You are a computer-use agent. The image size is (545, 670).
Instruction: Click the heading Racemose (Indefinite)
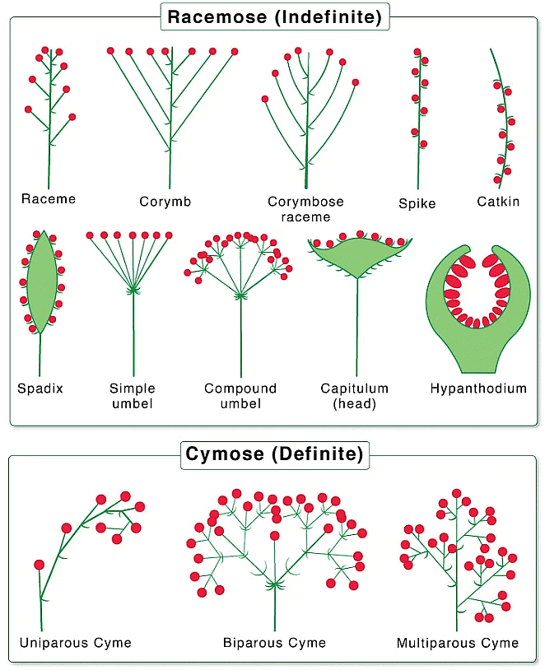pyautogui.click(x=274, y=17)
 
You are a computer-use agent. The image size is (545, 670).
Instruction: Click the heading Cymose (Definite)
pyautogui.click(x=274, y=454)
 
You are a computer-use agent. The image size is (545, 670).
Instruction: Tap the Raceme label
pyautogui.click(x=49, y=198)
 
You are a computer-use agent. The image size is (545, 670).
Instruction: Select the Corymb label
pyautogui.click(x=165, y=202)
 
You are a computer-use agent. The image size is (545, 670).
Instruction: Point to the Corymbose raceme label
pyautogui.click(x=305, y=209)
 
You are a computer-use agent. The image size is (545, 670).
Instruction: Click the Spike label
pyautogui.click(x=417, y=203)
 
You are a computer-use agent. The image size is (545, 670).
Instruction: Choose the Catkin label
pyautogui.click(x=498, y=202)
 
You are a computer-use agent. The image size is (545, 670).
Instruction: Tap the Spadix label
pyautogui.click(x=40, y=389)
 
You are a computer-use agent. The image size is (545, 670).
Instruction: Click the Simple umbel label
pyautogui.click(x=133, y=396)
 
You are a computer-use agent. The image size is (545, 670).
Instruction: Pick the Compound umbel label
pyautogui.click(x=240, y=396)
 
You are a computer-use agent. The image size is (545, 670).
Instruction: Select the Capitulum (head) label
pyautogui.click(x=355, y=396)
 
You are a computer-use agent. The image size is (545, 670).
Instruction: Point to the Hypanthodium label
pyautogui.click(x=478, y=389)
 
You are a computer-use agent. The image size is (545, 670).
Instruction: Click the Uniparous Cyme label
pyautogui.click(x=76, y=643)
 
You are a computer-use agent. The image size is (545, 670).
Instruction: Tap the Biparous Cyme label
pyautogui.click(x=274, y=643)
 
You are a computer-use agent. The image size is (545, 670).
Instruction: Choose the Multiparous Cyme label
pyautogui.click(x=458, y=643)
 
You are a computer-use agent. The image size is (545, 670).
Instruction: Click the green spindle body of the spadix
pyautogui.click(x=41, y=282)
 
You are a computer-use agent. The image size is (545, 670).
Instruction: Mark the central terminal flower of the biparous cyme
pyautogui.click(x=275, y=536)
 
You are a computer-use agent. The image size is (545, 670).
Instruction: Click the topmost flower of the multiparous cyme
pyautogui.click(x=457, y=494)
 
